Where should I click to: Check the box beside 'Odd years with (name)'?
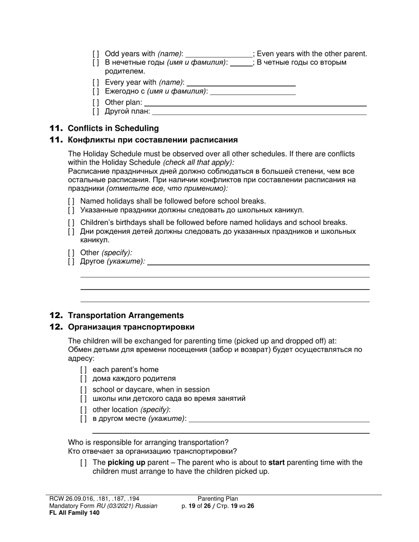(96, 54)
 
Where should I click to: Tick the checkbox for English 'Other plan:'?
(96, 103)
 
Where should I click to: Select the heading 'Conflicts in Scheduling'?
(113, 128)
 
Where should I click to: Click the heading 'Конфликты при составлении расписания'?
(153, 140)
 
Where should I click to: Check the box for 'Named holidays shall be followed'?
(71, 201)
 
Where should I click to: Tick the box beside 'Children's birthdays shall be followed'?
(71, 223)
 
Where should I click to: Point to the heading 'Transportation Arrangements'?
(126, 316)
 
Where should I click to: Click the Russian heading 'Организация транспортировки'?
(131, 327)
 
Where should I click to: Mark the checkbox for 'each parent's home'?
(83, 370)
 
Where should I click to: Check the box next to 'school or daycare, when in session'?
(83, 390)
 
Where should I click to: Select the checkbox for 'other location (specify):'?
(83, 410)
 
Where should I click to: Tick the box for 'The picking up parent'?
(83, 463)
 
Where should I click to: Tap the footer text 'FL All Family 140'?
(75, 512)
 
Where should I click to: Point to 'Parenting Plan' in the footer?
(217, 499)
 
